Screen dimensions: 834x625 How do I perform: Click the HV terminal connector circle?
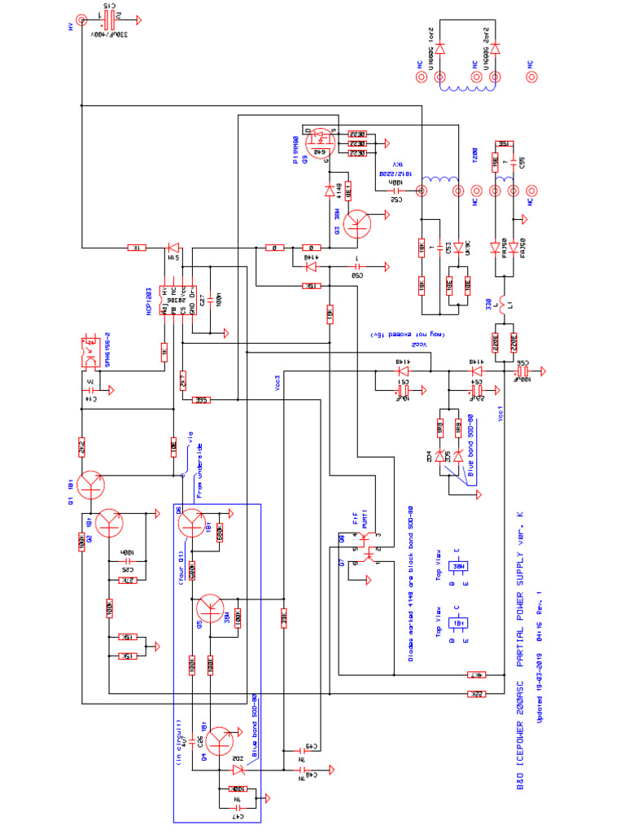81,21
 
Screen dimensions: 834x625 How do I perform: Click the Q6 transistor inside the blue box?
194,521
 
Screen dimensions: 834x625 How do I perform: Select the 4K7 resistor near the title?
476,674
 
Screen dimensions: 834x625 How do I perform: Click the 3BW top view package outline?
459,567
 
